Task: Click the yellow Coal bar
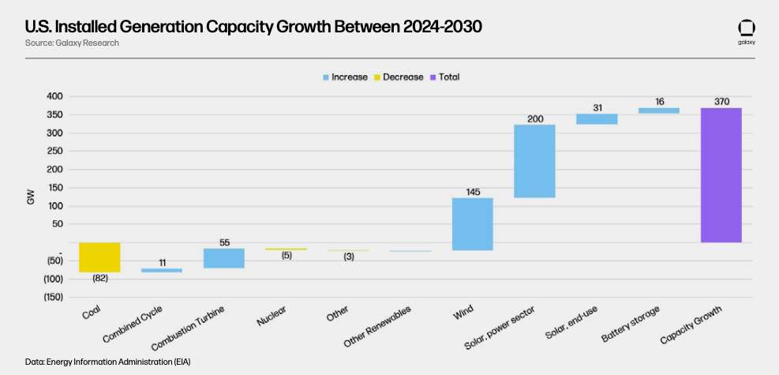point(99,257)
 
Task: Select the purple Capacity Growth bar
point(721,174)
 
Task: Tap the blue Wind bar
point(472,224)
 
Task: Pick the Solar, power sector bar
point(534,161)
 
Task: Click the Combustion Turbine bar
point(223,258)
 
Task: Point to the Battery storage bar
point(659,111)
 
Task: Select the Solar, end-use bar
point(597,119)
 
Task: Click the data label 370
point(721,100)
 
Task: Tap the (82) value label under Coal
point(99,279)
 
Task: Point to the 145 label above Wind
point(472,190)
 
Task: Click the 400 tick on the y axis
point(54,96)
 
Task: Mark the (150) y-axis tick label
point(51,297)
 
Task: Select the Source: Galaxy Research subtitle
point(72,43)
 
